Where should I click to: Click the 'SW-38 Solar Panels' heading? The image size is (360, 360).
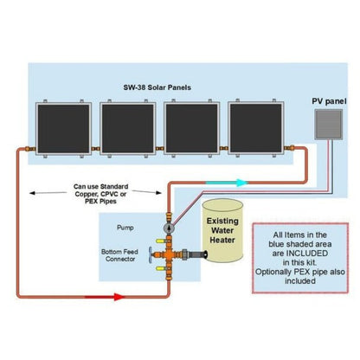click(158, 87)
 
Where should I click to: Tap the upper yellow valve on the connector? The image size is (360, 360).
click(159, 235)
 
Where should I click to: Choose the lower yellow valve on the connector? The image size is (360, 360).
click(159, 273)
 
